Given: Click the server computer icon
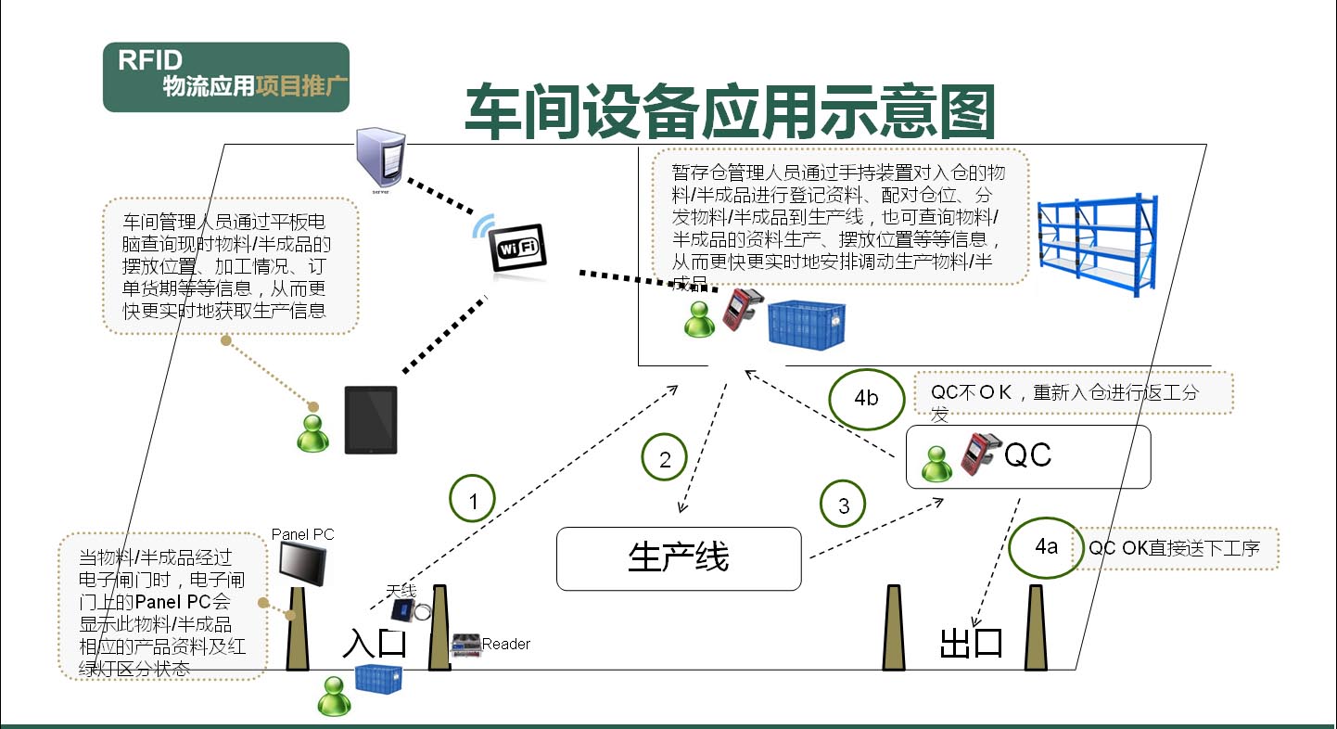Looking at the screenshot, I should pos(380,160).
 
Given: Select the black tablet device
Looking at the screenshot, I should pos(371,420).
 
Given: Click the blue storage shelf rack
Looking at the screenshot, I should pos(1097,244).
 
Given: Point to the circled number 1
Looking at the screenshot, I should pos(473,501).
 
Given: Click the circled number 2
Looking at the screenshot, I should pos(665,458).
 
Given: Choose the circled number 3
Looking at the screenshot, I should pos(843,505).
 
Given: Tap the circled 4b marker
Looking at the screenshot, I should pos(866,399).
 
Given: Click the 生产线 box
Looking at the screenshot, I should pos(679,558).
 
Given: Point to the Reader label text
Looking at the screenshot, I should pos(506,644).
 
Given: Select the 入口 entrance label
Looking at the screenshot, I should pos(375,643).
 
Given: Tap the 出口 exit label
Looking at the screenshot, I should pos(972,644).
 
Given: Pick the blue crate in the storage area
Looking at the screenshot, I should pos(808,324).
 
